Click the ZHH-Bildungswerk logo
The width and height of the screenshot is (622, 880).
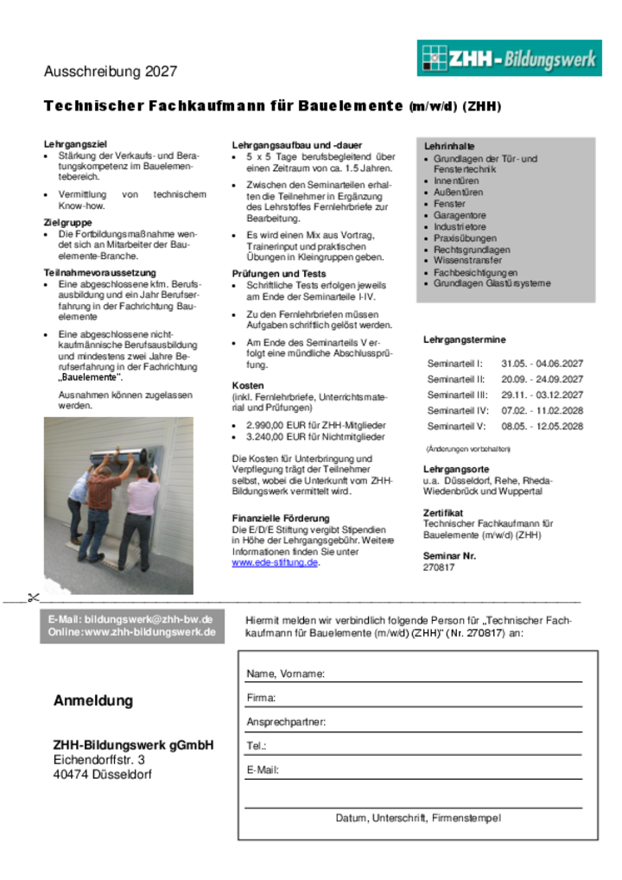(509, 59)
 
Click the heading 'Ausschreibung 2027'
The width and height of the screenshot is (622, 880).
(111, 72)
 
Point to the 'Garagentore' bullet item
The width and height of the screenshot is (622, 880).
(460, 216)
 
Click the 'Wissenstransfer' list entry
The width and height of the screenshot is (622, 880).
(467, 261)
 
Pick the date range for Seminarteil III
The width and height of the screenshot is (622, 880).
(542, 395)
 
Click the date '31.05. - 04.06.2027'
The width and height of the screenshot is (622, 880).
(542, 364)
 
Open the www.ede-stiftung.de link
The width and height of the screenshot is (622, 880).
(275, 563)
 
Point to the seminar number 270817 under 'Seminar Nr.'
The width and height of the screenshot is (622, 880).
(438, 567)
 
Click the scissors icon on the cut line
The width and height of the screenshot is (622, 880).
(33, 597)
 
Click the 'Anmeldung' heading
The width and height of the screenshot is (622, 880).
(93, 701)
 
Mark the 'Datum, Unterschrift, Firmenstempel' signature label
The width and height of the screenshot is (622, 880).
(417, 818)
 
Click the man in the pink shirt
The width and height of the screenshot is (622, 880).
(141, 514)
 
